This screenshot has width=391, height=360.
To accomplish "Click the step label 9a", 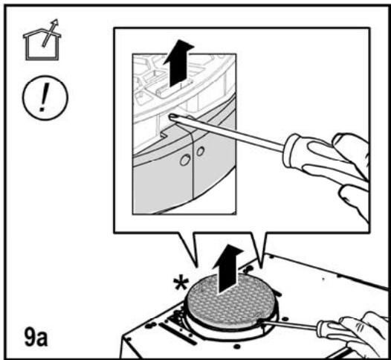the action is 36,337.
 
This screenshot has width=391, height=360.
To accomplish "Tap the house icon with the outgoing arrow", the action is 42,40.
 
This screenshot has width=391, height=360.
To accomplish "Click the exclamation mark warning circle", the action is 45,97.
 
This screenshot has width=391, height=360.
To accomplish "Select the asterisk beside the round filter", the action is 181,283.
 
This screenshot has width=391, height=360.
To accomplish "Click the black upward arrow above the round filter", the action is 227,269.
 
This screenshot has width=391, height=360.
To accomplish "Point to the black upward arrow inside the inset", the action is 178,64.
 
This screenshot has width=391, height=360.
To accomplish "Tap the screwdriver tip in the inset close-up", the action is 172,116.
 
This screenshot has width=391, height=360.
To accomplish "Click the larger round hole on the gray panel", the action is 185,160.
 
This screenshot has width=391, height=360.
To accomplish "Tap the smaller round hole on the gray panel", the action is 200,151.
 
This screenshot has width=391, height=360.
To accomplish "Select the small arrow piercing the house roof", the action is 51,33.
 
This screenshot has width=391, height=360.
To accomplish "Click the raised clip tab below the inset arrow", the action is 175,89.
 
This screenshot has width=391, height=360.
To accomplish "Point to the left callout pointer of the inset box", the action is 188,249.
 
